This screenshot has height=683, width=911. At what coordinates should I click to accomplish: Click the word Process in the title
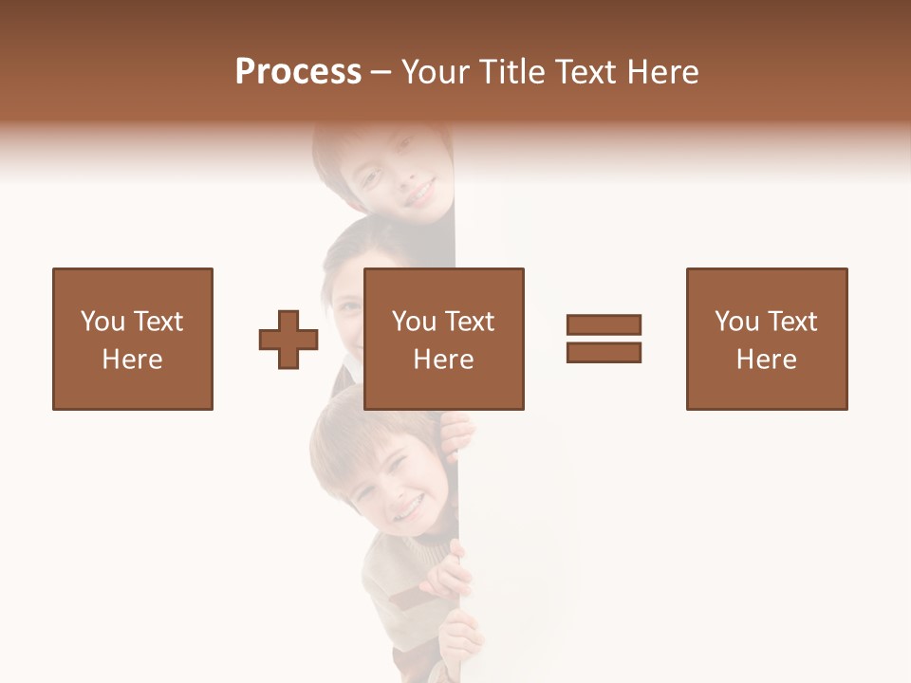[x=298, y=72]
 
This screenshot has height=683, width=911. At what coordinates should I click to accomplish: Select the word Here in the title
[x=661, y=72]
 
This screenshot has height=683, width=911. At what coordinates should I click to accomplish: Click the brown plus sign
[x=288, y=339]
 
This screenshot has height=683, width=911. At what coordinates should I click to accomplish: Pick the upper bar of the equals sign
[x=604, y=324]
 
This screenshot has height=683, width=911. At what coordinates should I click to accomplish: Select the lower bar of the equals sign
[x=604, y=352]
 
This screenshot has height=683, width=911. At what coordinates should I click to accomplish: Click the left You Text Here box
[x=133, y=339]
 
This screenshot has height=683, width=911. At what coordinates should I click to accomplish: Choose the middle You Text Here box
[x=443, y=339]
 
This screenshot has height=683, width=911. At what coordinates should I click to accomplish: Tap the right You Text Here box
[x=767, y=339]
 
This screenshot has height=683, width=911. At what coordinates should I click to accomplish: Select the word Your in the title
[x=437, y=72]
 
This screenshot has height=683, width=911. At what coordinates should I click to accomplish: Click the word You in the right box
[x=737, y=322]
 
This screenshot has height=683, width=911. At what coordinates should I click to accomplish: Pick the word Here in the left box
[x=133, y=360]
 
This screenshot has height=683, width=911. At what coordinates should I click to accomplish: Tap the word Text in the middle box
[x=470, y=322]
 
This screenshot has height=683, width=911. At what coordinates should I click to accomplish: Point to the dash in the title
[x=381, y=73]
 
